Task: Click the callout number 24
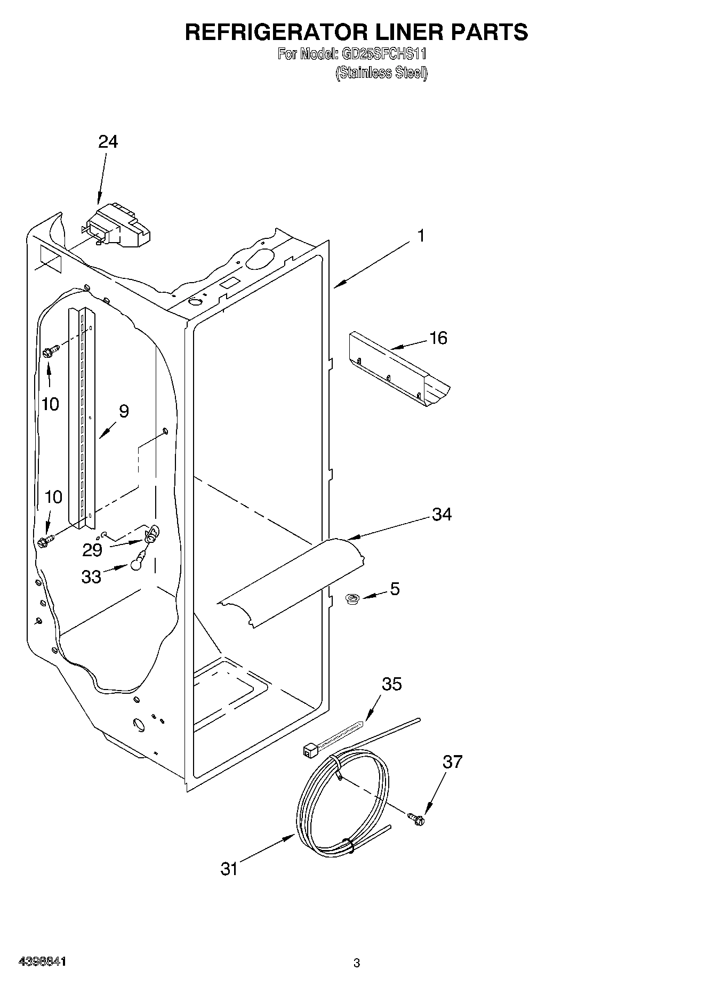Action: click(108, 141)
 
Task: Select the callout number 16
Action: click(438, 338)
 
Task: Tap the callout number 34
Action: click(442, 515)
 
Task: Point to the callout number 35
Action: click(391, 684)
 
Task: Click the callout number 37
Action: click(452, 762)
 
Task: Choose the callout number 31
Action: click(229, 869)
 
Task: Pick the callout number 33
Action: click(91, 576)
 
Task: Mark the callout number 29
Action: click(92, 550)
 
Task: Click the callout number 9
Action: click(123, 411)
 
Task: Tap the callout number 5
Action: click(394, 589)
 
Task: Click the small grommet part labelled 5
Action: click(352, 600)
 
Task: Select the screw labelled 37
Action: click(416, 819)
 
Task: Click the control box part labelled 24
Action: click(120, 227)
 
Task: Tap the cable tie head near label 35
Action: click(309, 751)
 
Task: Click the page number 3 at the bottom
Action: click(357, 963)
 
